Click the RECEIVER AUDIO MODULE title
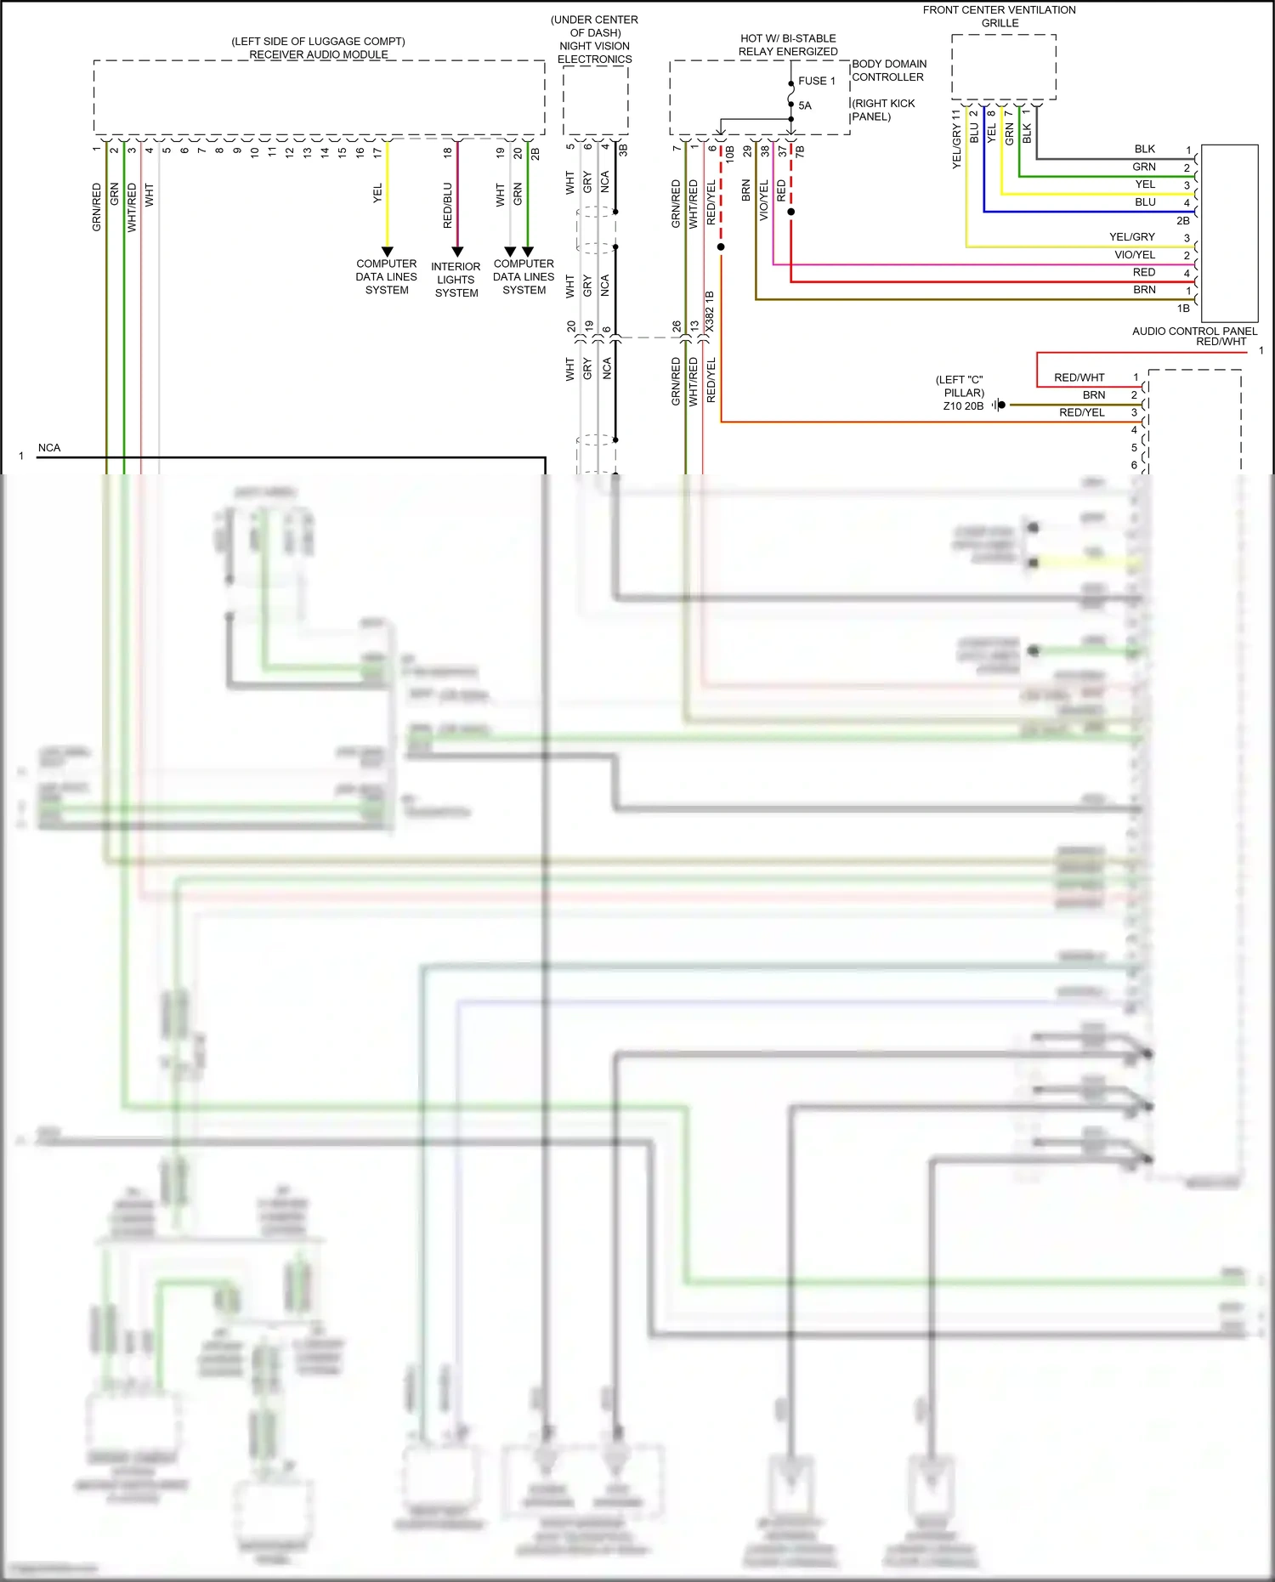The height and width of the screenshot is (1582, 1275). point(319,54)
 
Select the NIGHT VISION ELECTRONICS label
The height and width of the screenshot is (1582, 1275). point(594,53)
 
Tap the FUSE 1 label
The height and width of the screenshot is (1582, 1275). point(816,81)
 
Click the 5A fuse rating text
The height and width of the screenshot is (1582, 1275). point(805,105)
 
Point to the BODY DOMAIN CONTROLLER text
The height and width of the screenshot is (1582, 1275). point(889,71)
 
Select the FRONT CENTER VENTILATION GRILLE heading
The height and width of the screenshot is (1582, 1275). point(1000,16)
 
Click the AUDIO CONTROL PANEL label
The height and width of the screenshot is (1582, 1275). point(1194,331)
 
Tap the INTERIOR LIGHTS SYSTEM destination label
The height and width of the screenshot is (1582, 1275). point(456,280)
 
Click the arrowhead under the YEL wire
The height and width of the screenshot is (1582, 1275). point(387,252)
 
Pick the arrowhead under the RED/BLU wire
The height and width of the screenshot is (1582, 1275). point(457,252)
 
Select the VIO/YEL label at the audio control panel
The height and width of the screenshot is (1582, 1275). point(1135,255)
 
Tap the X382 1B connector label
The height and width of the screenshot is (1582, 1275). point(710,312)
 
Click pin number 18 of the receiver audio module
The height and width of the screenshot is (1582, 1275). point(448,153)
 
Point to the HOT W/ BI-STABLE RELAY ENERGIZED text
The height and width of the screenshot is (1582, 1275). point(788,45)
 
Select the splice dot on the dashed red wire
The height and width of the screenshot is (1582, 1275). point(721,247)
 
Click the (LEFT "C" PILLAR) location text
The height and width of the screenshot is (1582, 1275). point(960,387)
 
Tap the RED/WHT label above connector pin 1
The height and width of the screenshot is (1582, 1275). point(1221,342)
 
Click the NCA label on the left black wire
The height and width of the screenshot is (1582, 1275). point(49,448)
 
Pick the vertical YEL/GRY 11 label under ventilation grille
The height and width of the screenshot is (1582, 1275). point(956,139)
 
